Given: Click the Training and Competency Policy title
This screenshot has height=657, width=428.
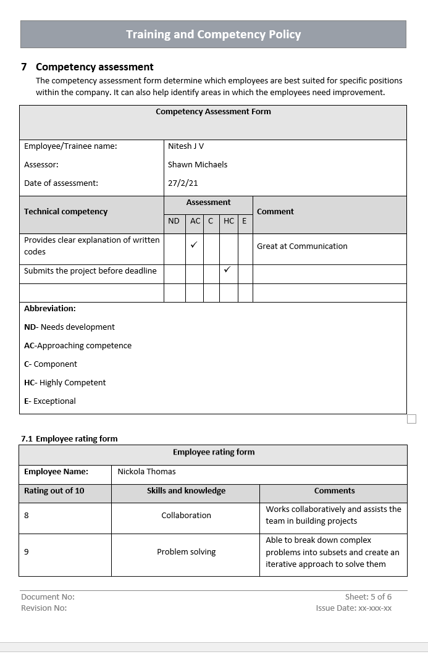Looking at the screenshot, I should (213, 35).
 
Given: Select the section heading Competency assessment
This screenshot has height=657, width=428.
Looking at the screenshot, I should (94, 67).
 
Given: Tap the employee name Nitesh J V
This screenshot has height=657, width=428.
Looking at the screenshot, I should (185, 146).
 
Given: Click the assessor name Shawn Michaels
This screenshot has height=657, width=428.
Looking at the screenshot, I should (197, 165).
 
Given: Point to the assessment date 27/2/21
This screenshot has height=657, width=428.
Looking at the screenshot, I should (183, 183).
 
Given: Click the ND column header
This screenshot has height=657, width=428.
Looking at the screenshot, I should (174, 221).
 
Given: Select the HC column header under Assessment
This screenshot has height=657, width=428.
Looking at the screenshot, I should (229, 221).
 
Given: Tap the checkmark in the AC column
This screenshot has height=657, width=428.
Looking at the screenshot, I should (194, 245).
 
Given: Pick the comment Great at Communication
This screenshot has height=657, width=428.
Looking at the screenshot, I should (302, 246).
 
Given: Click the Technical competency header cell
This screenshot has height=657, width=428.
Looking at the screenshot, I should (65, 212).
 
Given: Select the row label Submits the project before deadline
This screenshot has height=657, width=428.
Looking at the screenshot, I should (90, 271).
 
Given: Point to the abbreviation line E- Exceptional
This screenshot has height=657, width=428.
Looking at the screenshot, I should (50, 401).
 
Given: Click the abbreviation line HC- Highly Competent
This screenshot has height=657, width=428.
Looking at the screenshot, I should (65, 383).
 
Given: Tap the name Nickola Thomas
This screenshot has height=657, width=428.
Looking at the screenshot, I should (146, 472).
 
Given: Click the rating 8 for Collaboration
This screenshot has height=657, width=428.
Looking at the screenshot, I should (27, 516).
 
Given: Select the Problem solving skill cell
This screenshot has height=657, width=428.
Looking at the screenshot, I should (186, 552).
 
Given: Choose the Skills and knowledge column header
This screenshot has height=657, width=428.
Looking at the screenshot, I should (186, 492).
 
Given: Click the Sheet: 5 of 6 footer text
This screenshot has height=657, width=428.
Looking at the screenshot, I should (368, 597).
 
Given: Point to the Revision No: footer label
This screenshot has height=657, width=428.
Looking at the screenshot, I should (44, 608).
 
